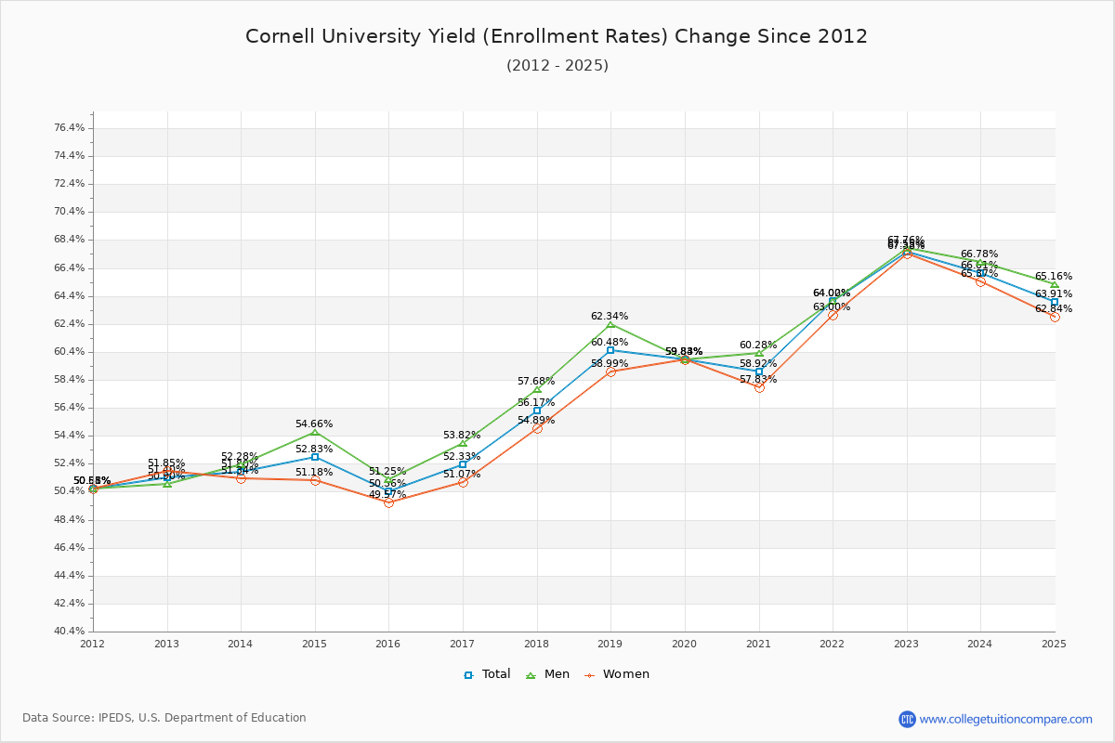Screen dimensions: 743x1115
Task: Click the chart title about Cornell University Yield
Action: [557, 36]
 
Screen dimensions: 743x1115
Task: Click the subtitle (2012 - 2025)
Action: [557, 65]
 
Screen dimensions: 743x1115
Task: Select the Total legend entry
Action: [487, 674]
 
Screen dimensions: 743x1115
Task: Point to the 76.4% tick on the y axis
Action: [71, 128]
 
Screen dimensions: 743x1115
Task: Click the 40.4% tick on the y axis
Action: [71, 632]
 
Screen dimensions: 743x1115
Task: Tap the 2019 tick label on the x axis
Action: [610, 644]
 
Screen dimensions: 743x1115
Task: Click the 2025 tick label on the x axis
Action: [1054, 644]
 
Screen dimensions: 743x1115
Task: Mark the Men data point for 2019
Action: [610, 324]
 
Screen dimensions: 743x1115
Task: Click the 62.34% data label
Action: [610, 316]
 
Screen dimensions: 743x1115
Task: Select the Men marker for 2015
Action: [315, 432]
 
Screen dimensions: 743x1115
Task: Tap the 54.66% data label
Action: [314, 424]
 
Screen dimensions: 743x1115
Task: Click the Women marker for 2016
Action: [388, 502]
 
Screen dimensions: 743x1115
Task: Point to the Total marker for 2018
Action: [537, 411]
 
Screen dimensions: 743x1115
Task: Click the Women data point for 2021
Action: [759, 387]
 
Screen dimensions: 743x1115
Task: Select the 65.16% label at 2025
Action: [1053, 276]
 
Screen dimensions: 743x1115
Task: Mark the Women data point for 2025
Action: [1055, 317]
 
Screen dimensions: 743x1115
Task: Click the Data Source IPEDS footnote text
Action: [164, 718]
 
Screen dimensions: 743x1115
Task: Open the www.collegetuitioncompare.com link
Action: [1005, 719]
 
